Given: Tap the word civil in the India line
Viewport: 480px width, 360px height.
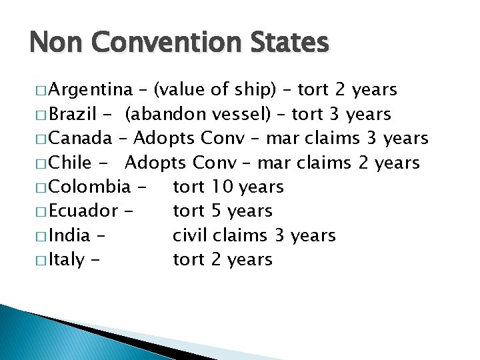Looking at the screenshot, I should pos(189,235).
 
